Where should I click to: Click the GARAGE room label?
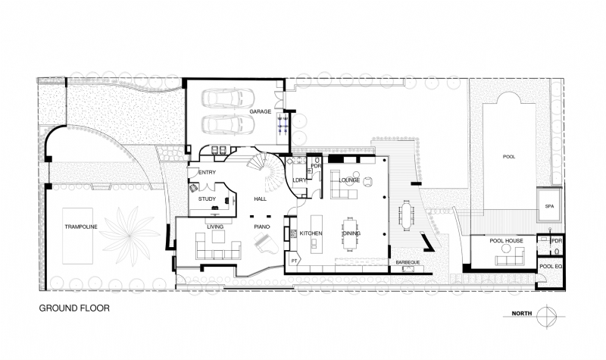point(260,112)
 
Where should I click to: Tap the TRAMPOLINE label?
point(81,226)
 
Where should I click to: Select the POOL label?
point(509,157)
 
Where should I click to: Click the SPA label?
point(549,206)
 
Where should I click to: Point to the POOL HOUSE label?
point(507,241)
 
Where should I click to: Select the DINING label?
point(351,233)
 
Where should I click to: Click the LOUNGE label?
point(349,180)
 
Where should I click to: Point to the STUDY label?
point(208,199)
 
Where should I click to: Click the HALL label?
point(261,199)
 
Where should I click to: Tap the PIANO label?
point(262,227)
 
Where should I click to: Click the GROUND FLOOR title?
point(74,308)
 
